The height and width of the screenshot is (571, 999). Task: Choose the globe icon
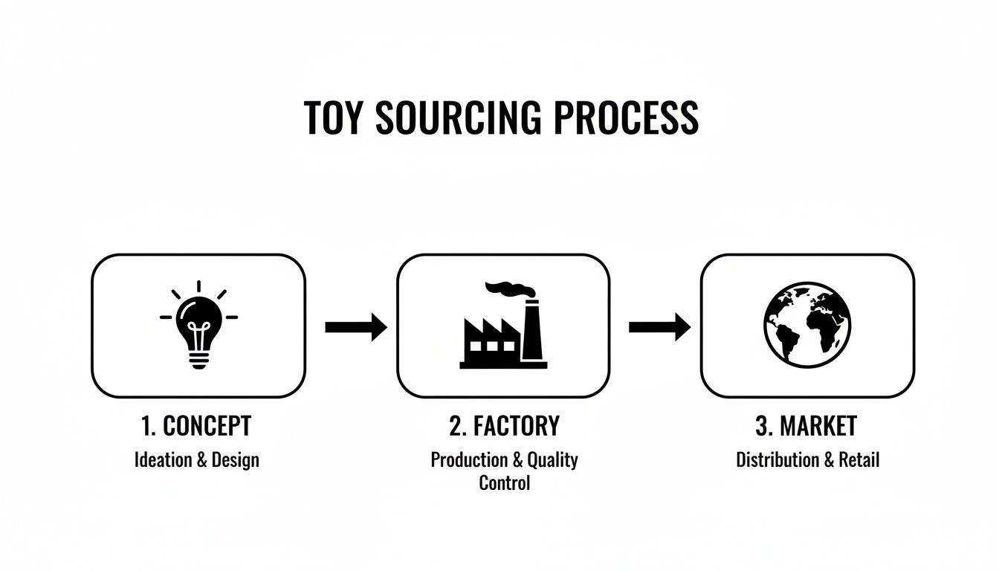click(807, 326)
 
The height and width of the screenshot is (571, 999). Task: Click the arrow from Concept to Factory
click(356, 326)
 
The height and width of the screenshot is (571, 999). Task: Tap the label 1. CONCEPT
click(196, 426)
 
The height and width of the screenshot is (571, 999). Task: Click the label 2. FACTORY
click(504, 426)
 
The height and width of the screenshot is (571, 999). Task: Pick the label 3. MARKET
click(806, 426)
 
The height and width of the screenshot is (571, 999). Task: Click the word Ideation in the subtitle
click(163, 459)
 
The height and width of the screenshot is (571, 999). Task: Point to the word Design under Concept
click(236, 459)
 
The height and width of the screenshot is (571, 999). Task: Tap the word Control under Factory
click(504, 483)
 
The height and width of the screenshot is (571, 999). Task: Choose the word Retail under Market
click(859, 459)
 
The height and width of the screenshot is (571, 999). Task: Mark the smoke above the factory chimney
click(508, 288)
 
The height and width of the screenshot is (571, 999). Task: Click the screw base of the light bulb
click(198, 359)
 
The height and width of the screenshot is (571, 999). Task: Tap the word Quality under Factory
click(552, 459)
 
